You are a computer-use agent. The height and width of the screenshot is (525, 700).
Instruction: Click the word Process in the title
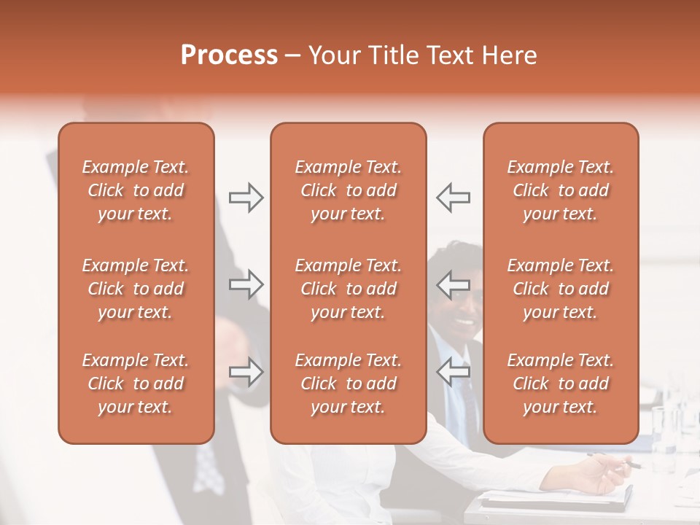pyautogui.click(x=229, y=55)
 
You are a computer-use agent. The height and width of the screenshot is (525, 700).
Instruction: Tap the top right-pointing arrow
pyautogui.click(x=246, y=198)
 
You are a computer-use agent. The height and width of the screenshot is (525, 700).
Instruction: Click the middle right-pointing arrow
pyautogui.click(x=246, y=284)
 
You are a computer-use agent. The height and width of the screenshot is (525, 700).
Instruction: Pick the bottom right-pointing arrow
pyautogui.click(x=246, y=372)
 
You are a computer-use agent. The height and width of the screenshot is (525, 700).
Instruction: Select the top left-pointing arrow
pyautogui.click(x=453, y=198)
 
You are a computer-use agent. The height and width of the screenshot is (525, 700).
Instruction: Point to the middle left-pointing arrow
pyautogui.click(x=453, y=284)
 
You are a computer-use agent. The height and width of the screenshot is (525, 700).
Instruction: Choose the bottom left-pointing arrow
pyautogui.click(x=453, y=372)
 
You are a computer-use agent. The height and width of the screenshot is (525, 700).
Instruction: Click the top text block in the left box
pyautogui.click(x=136, y=190)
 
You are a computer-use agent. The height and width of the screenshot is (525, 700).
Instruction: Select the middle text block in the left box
pyautogui.click(x=136, y=289)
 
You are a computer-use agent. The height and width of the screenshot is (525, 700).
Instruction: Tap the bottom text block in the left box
pyautogui.click(x=136, y=384)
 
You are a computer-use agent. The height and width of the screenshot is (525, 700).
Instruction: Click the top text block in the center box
pyautogui.click(x=349, y=190)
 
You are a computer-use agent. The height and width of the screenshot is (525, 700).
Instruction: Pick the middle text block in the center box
pyautogui.click(x=349, y=289)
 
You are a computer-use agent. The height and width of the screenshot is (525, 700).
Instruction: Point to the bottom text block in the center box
pyautogui.click(x=349, y=384)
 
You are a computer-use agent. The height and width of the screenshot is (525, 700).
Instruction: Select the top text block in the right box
pyautogui.click(x=561, y=190)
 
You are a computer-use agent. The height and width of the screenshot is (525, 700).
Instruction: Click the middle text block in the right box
pyautogui.click(x=561, y=289)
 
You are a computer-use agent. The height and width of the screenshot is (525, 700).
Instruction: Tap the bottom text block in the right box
pyautogui.click(x=561, y=384)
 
